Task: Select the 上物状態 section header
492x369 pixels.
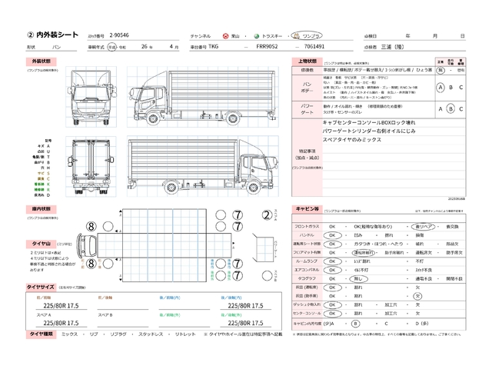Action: point(306,60)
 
